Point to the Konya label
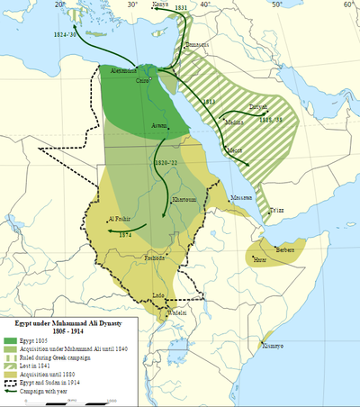tap(161, 5)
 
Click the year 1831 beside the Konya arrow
tap(180, 8)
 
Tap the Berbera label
tap(285, 249)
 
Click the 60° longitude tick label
tap(346, 5)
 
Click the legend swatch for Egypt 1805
tap(12, 340)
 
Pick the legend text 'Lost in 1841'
tap(44, 366)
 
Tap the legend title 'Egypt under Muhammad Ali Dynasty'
tap(64, 321)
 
